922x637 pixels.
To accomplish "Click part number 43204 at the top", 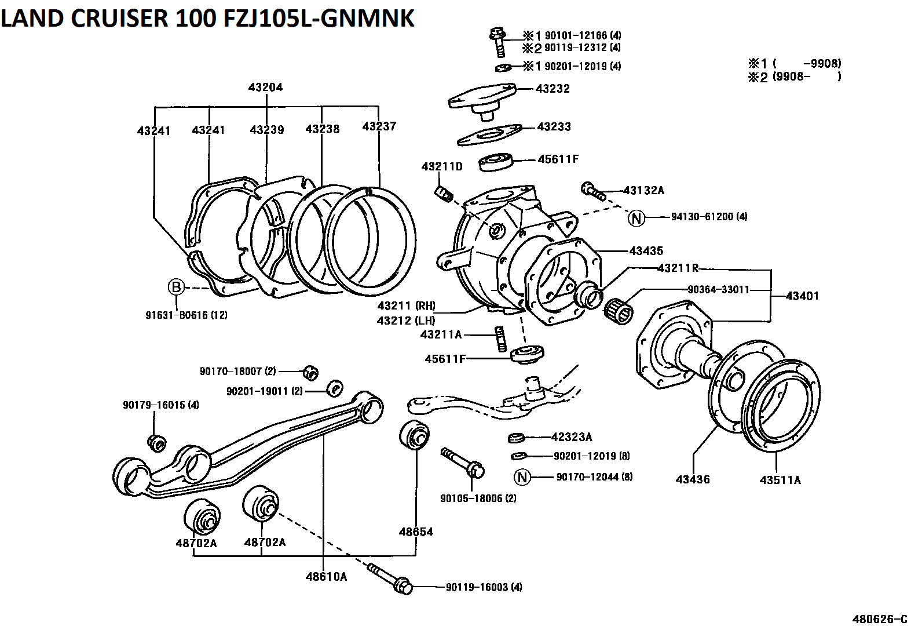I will pyautogui.click(x=265, y=88).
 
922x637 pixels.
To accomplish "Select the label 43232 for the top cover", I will pyautogui.click(x=553, y=89).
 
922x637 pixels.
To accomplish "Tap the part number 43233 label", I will pyautogui.click(x=554, y=126).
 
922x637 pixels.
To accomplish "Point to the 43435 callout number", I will pyautogui.click(x=646, y=251).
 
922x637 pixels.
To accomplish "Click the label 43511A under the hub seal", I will pyautogui.click(x=780, y=480).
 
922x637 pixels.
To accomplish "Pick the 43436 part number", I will pyautogui.click(x=693, y=479).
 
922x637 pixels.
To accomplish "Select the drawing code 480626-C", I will pyautogui.click(x=879, y=618).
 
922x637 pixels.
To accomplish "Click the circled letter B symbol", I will pyautogui.click(x=176, y=287).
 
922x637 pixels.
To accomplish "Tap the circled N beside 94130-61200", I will pyautogui.click(x=636, y=218).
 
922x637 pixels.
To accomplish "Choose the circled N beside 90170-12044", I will pyautogui.click(x=522, y=477).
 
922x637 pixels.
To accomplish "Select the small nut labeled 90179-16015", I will pyautogui.click(x=157, y=442).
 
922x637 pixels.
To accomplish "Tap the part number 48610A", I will pyautogui.click(x=326, y=576).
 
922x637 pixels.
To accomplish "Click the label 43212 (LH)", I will pyautogui.click(x=406, y=321).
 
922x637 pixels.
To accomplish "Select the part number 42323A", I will pyautogui.click(x=572, y=437).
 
